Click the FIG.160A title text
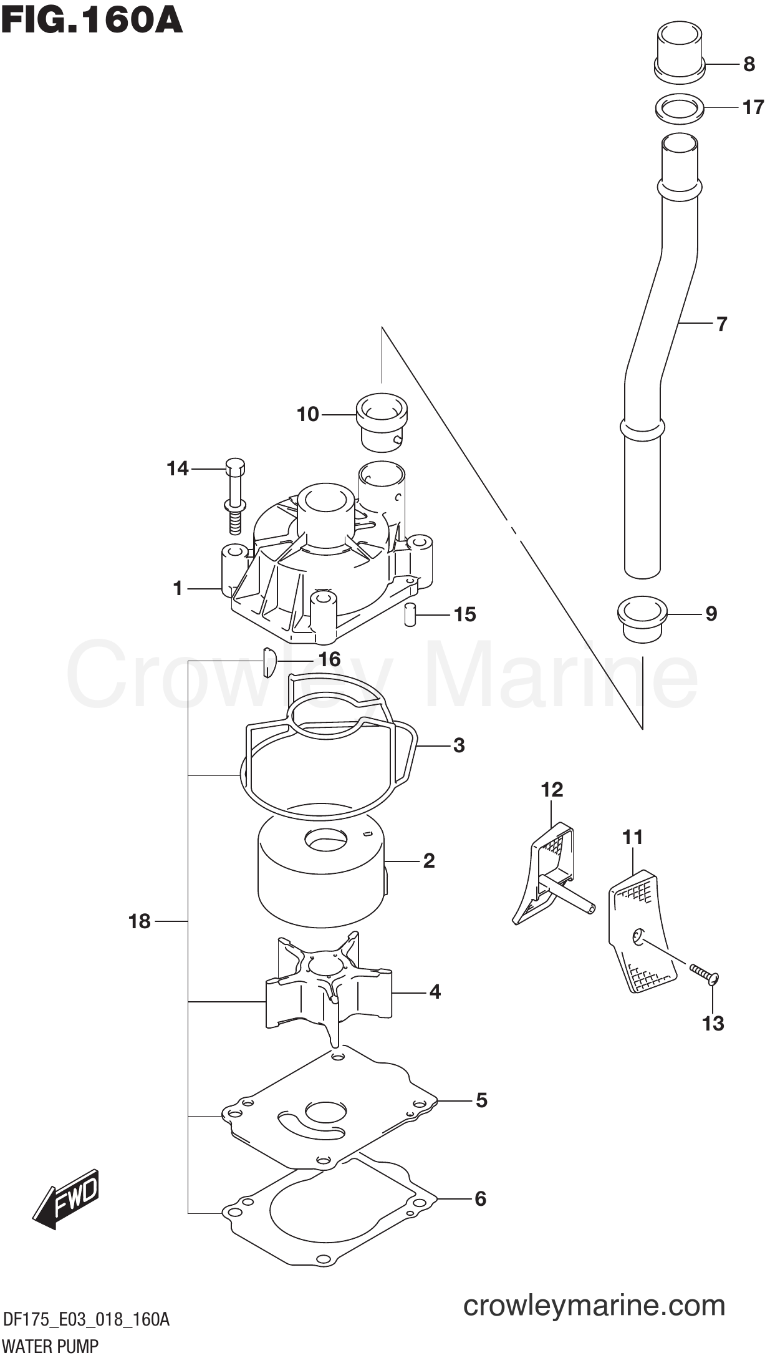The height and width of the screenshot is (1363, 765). (x=92, y=20)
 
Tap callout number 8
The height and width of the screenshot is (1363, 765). (x=749, y=64)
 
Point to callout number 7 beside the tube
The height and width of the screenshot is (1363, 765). (x=721, y=324)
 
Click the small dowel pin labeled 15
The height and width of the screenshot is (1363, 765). (x=410, y=614)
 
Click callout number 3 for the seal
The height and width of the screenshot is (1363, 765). (x=459, y=745)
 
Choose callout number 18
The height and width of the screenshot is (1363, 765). (x=140, y=921)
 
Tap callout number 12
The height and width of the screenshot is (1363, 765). (x=552, y=790)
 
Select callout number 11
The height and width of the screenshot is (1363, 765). (x=632, y=837)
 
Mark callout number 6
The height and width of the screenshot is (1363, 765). (x=480, y=1198)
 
